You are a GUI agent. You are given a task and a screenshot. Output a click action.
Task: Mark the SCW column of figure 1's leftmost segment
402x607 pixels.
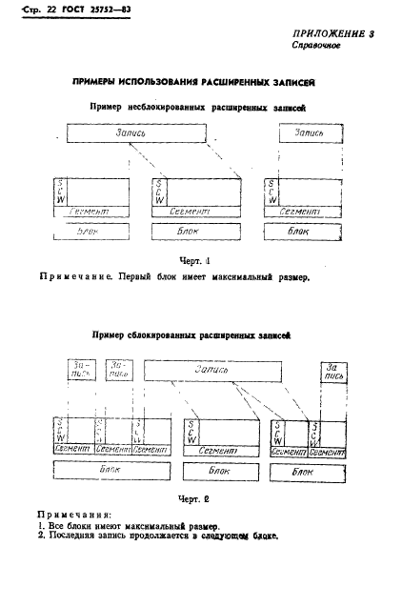(x=62, y=190)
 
